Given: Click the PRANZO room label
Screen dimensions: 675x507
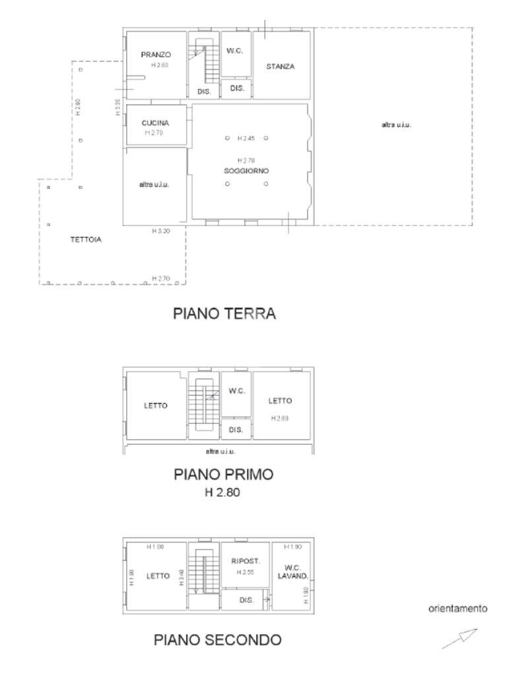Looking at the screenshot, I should tap(156, 55).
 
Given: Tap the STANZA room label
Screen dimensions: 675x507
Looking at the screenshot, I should tap(280, 67).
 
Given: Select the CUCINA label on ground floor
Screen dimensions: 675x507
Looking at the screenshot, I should tap(155, 123).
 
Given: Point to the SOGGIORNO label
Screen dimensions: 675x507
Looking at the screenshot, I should tap(246, 171).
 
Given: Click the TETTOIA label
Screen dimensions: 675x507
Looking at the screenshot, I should tap(86, 240).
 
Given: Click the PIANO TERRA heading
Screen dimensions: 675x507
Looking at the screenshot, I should tap(224, 314).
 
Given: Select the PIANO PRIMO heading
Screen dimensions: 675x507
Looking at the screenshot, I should tap(223, 474).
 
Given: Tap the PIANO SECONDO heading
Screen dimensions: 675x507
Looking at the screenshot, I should tap(218, 639).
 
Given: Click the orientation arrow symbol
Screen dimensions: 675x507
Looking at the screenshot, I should tap(459, 638).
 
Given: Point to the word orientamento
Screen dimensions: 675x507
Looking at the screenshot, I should tap(458, 608).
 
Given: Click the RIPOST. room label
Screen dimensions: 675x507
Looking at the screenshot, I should tap(246, 562).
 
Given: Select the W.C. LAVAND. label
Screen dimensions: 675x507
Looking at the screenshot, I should tap(293, 572).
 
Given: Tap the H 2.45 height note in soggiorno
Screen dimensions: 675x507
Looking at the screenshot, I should tap(246, 138).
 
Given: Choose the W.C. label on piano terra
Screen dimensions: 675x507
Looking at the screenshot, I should tap(236, 51).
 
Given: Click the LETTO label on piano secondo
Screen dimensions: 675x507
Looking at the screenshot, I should tap(158, 575).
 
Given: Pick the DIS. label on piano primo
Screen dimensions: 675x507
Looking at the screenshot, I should tap(236, 430).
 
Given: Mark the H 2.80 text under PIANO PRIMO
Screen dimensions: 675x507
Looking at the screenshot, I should tap(222, 491).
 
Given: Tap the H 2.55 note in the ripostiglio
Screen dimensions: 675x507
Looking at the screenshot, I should tap(246, 572).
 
